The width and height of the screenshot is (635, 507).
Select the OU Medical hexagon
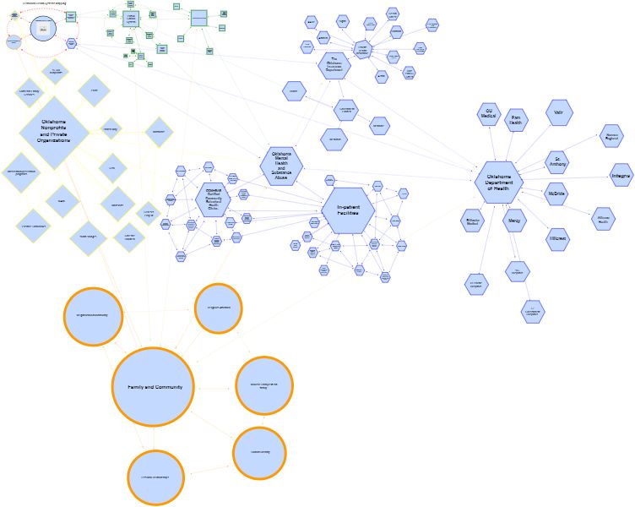pyautogui.click(x=488, y=115)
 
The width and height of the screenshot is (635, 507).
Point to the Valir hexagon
pyautogui.click(x=558, y=112)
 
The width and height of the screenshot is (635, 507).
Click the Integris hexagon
pyautogui.click(x=621, y=176)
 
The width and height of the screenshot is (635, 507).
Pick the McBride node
pyautogui.click(x=556, y=194)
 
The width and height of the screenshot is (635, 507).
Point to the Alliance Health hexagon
pyautogui.click(x=603, y=219)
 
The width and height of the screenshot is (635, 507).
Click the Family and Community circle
pyautogui.click(x=154, y=386)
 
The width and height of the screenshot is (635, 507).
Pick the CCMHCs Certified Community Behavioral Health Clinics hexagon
pyautogui.click(x=212, y=199)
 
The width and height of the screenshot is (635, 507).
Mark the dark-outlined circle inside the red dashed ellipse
pyautogui.click(x=43, y=29)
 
